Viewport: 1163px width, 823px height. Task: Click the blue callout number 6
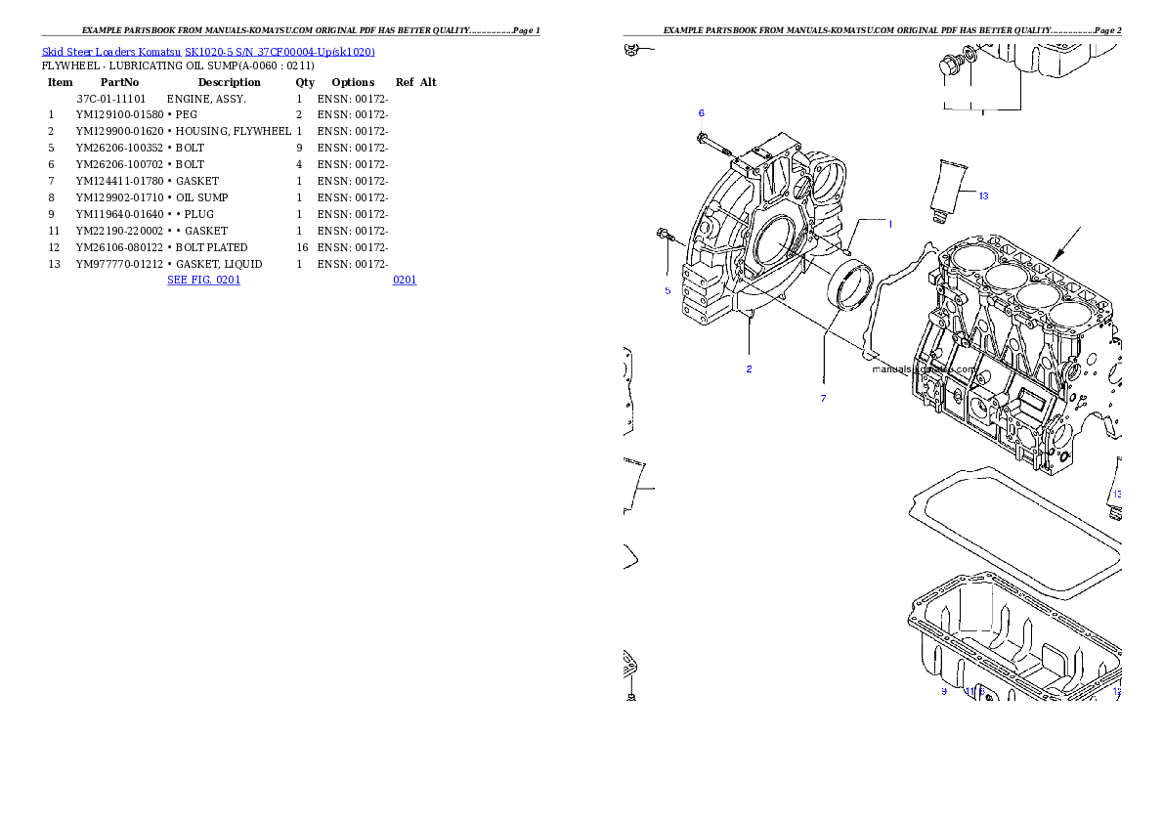point(701,113)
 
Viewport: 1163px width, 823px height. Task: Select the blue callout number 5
point(668,290)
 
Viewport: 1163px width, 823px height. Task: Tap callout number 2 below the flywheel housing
point(749,368)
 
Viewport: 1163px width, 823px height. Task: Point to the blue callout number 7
point(823,398)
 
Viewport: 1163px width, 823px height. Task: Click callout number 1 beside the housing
point(889,224)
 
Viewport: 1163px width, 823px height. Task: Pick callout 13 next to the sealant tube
point(983,195)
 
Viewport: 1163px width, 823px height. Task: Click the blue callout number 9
point(943,691)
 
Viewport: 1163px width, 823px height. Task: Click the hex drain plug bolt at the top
point(947,67)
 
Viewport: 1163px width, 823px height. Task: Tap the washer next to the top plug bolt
point(969,55)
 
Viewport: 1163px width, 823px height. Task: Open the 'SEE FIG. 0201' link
point(202,280)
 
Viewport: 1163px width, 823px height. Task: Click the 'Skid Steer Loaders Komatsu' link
point(111,52)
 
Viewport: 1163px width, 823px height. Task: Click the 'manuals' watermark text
point(891,370)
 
